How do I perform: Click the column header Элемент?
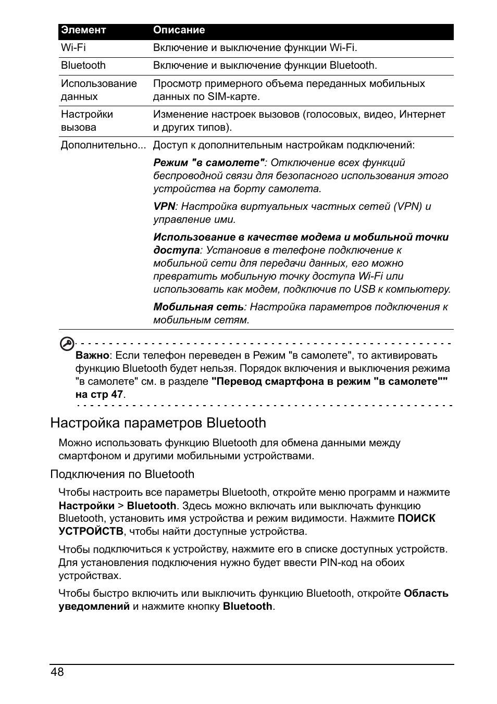(83, 30)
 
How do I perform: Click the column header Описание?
(179, 30)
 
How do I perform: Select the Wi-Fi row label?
(73, 48)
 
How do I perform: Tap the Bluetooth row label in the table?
(83, 66)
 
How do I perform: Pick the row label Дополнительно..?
(103, 145)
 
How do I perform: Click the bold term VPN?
(164, 207)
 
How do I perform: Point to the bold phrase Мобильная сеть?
(198, 307)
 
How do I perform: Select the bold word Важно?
(92, 356)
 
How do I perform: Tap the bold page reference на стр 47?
(99, 394)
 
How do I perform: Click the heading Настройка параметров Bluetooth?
(158, 423)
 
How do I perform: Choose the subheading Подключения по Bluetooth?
(122, 474)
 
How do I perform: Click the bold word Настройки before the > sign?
(86, 506)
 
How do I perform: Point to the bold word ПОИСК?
(416, 519)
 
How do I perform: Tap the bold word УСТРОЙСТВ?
(91, 532)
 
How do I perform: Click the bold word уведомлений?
(94, 606)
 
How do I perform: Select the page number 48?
(57, 672)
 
